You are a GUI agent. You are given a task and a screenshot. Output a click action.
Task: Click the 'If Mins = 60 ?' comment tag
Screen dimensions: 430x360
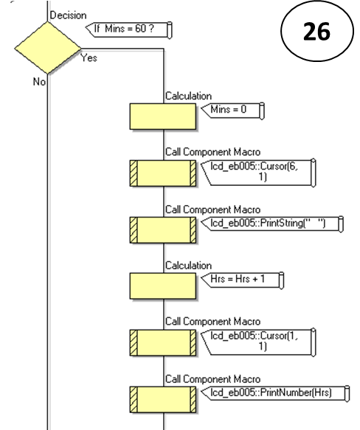(x=128, y=29)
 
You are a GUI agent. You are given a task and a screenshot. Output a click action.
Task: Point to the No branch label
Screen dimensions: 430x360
(x=38, y=82)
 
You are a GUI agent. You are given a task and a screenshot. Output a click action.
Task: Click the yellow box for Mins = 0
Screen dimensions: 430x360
(x=162, y=115)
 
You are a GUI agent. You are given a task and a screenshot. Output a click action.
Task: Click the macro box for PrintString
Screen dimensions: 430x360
(x=162, y=229)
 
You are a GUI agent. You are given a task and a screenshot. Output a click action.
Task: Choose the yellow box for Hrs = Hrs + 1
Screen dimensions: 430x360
(x=162, y=285)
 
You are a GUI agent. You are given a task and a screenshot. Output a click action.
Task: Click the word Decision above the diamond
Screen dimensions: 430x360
(x=67, y=14)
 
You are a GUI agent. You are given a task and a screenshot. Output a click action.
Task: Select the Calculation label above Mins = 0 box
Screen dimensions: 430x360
(x=188, y=95)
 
